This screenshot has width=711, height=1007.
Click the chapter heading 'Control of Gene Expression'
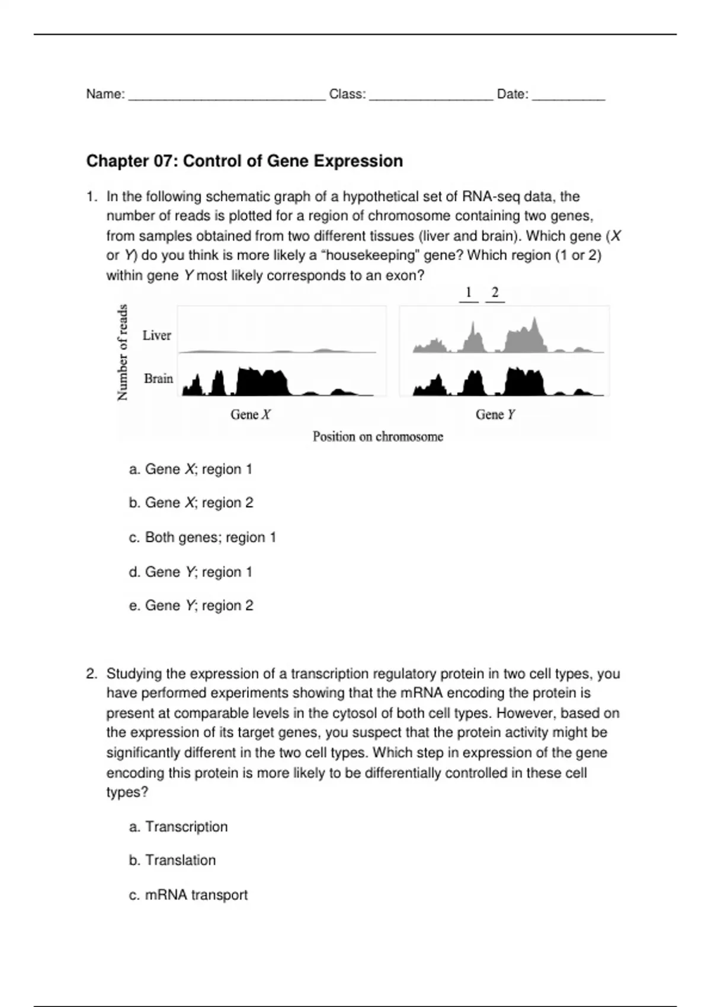pyautogui.click(x=244, y=161)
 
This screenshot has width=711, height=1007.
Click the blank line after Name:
pyautogui.click(x=226, y=95)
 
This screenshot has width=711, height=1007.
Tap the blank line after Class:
pyautogui.click(x=431, y=95)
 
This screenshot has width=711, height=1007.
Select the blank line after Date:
pyautogui.click(x=568, y=95)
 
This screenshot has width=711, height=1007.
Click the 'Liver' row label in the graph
pyautogui.click(x=156, y=335)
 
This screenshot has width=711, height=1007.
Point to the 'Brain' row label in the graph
pyautogui.click(x=158, y=379)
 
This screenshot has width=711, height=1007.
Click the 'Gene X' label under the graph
pyautogui.click(x=250, y=415)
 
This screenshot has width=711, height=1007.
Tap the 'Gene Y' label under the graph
pyautogui.click(x=495, y=415)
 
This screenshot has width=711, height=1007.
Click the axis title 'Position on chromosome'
pyautogui.click(x=377, y=437)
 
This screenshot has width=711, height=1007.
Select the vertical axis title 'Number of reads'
pyautogui.click(x=123, y=352)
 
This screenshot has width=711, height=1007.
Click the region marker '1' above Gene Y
pyautogui.click(x=469, y=293)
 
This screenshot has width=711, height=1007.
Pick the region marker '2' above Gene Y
pyautogui.click(x=495, y=293)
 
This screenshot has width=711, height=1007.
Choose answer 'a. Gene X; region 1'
pyautogui.click(x=190, y=469)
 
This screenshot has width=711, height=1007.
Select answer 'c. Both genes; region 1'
pyautogui.click(x=202, y=537)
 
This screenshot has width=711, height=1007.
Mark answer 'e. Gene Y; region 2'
pyautogui.click(x=191, y=605)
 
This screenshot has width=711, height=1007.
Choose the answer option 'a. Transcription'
pyautogui.click(x=178, y=826)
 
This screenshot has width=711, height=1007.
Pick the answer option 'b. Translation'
pyautogui.click(x=172, y=860)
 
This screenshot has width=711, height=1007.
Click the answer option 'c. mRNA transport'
pyautogui.click(x=188, y=894)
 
